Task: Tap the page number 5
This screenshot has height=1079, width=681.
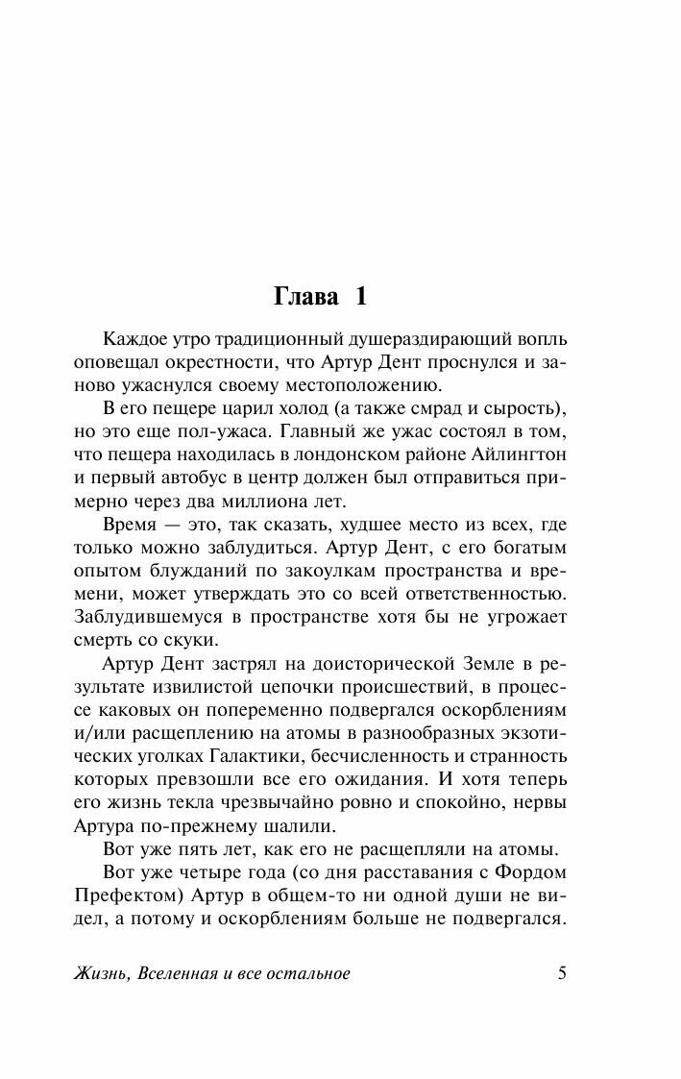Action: (x=563, y=972)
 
